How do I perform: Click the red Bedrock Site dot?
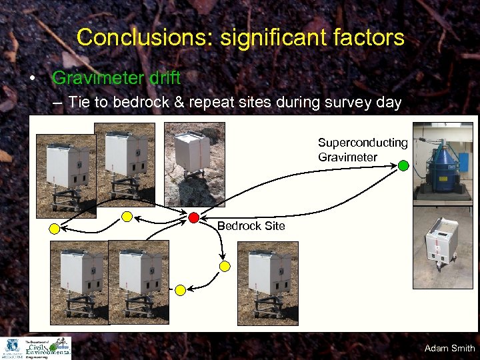pyautogui.click(x=193, y=217)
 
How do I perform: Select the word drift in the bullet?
pyautogui.click(x=165, y=78)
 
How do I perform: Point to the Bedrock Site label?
pyautogui.click(x=251, y=226)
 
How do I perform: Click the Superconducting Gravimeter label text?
pyautogui.click(x=362, y=150)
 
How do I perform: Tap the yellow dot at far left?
pyautogui.click(x=54, y=229)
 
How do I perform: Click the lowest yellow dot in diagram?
pyautogui.click(x=180, y=290)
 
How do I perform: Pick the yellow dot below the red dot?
pyautogui.click(x=225, y=266)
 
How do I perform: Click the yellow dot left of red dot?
pyautogui.click(x=127, y=216)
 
